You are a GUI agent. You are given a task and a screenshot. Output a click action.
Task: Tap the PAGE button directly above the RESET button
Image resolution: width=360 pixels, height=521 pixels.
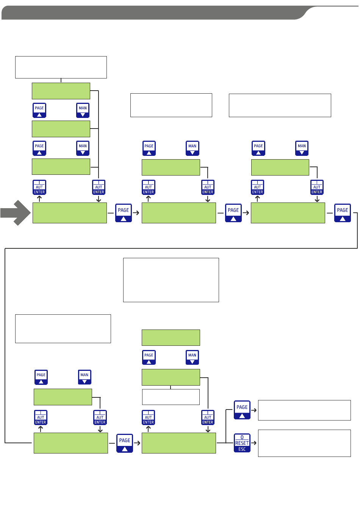point(242,410)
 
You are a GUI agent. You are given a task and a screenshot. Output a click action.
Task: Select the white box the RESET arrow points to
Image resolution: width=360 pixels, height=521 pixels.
point(304,443)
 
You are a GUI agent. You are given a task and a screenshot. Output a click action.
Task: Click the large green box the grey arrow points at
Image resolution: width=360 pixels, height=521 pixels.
point(70,213)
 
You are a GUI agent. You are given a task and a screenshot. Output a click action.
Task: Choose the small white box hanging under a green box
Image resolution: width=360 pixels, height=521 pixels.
point(171,397)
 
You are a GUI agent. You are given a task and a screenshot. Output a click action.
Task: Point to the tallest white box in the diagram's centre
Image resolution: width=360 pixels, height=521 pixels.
point(171,280)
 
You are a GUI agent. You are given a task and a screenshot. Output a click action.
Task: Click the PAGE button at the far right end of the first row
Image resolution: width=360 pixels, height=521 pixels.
point(342,213)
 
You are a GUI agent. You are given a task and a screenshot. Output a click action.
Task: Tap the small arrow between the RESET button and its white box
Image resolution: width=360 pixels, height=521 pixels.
point(254,443)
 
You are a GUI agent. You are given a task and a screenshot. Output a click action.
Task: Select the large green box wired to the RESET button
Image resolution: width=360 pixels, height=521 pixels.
point(179,443)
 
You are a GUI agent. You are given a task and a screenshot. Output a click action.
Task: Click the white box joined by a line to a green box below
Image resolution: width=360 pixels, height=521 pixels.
point(61,67)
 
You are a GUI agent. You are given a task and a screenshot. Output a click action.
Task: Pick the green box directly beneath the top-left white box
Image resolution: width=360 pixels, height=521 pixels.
point(61,91)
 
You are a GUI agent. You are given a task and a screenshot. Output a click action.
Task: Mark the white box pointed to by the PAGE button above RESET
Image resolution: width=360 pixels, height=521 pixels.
point(304,410)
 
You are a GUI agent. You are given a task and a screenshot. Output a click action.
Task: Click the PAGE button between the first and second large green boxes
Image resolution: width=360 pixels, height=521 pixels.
point(124,213)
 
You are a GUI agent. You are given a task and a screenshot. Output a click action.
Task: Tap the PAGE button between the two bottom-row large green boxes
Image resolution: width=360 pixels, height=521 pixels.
point(125,443)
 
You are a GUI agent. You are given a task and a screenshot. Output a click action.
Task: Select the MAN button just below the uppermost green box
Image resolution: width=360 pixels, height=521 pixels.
point(83,110)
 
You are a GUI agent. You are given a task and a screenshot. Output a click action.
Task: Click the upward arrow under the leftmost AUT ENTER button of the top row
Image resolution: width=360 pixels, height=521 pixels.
point(39,199)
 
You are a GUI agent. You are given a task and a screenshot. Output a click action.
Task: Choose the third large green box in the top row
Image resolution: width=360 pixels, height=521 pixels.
point(288,213)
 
